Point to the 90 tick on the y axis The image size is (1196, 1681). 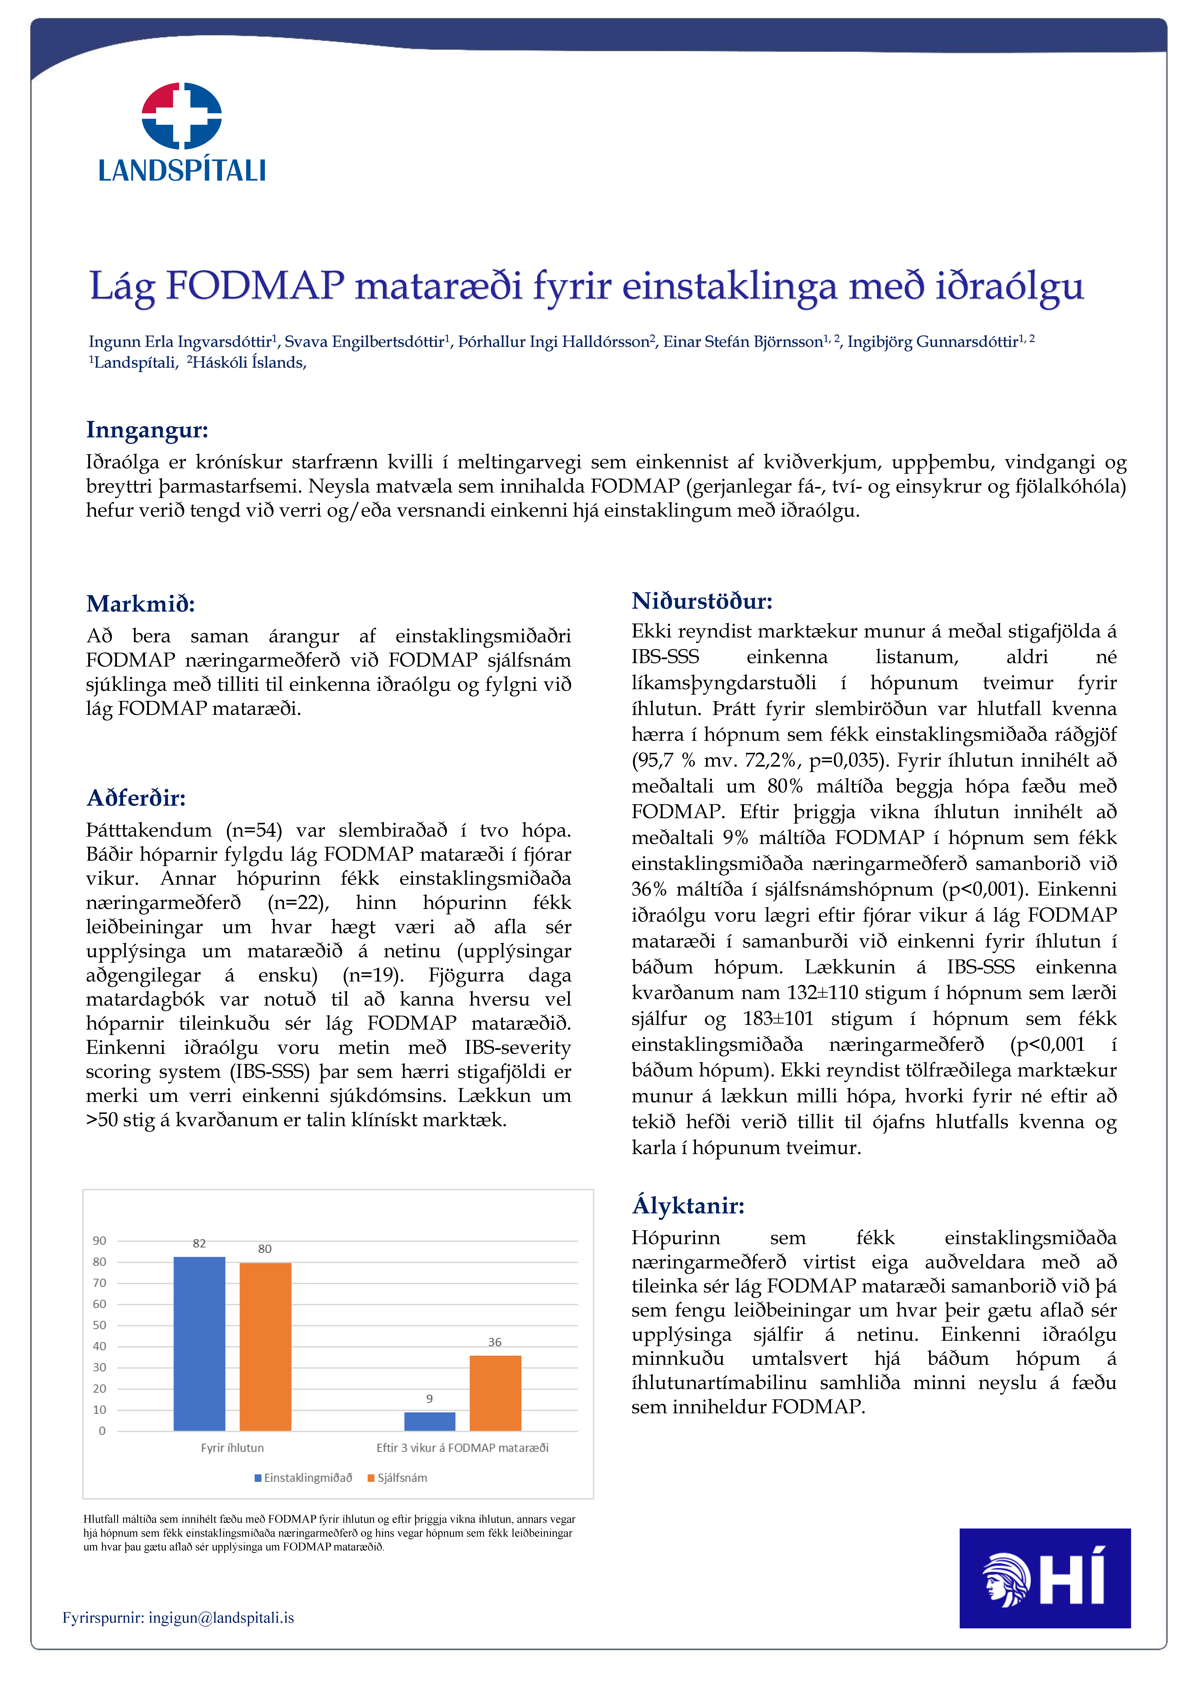[x=99, y=1241]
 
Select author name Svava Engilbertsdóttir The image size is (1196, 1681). [x=364, y=342]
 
